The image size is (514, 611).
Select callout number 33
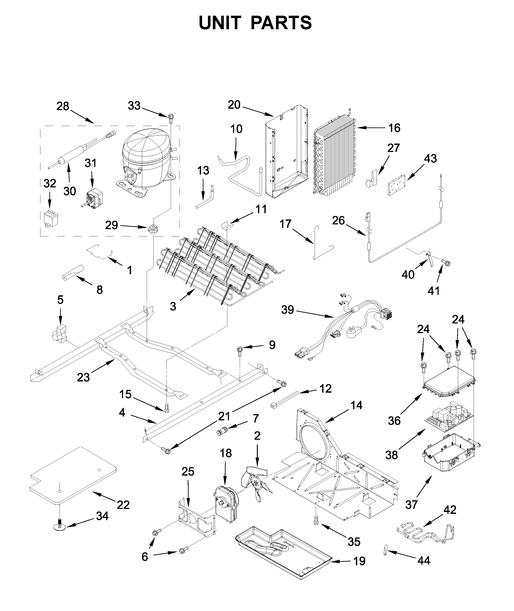(134, 106)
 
